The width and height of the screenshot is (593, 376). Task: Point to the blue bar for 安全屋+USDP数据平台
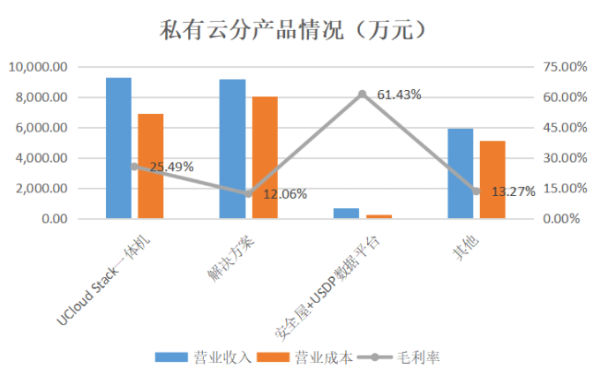click(346, 214)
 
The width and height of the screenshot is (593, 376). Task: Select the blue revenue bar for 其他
click(460, 173)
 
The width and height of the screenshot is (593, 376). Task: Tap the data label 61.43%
click(399, 94)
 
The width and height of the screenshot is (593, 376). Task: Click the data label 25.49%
click(171, 166)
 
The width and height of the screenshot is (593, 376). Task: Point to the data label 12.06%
click(285, 193)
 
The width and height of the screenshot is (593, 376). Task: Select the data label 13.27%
click(513, 192)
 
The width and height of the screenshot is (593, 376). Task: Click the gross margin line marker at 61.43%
click(362, 94)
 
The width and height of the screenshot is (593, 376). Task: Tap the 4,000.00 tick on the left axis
click(41, 158)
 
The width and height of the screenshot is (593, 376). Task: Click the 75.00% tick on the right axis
click(561, 67)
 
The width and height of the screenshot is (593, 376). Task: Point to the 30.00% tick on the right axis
click(561, 158)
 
